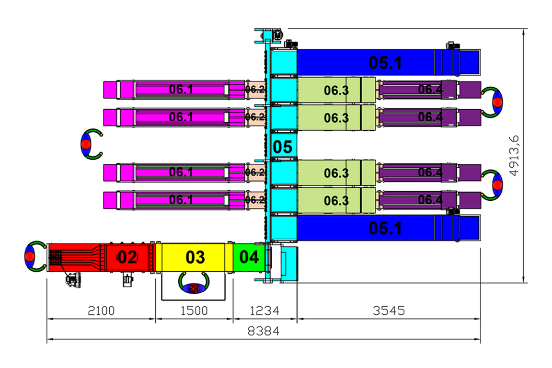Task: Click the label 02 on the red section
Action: coord(127,258)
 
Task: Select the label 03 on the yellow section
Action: coord(195,258)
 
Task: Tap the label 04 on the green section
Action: coord(249,258)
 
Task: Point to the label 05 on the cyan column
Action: coord(282,147)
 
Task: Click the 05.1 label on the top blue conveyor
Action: coord(385,62)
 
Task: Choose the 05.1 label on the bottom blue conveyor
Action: coord(385,229)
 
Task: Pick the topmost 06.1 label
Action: coord(181,89)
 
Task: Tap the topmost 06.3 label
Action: coord(336,91)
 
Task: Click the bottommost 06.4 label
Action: coord(429,200)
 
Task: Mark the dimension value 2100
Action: coord(102,310)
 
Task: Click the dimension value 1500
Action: coord(194,310)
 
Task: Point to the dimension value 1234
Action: coord(265,310)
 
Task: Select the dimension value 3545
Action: coord(389,310)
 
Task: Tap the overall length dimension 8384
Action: coord(264,331)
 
